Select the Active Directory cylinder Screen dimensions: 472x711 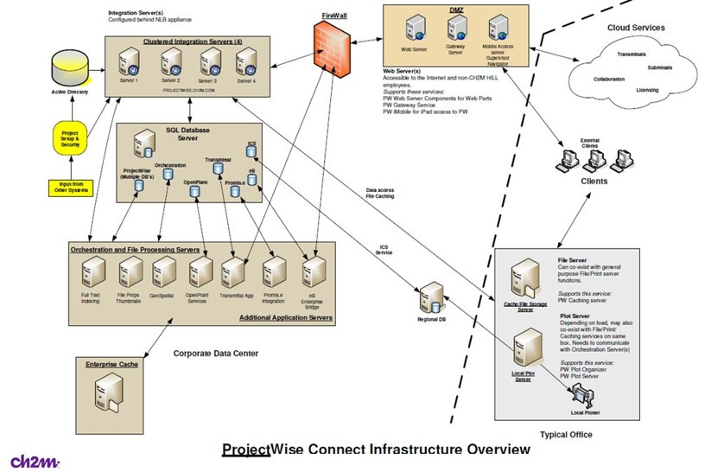68,65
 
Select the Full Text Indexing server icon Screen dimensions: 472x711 90,274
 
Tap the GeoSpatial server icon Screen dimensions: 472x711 162,274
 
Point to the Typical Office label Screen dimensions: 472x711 566,435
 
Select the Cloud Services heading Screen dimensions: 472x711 636,28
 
